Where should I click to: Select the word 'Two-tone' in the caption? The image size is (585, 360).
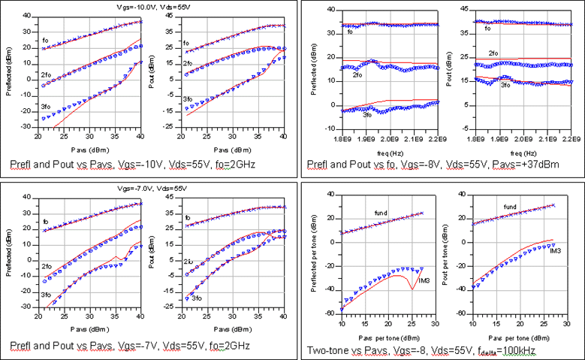325,349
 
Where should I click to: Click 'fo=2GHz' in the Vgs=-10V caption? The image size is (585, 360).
228,163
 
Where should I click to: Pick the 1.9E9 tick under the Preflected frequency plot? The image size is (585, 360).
366,139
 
